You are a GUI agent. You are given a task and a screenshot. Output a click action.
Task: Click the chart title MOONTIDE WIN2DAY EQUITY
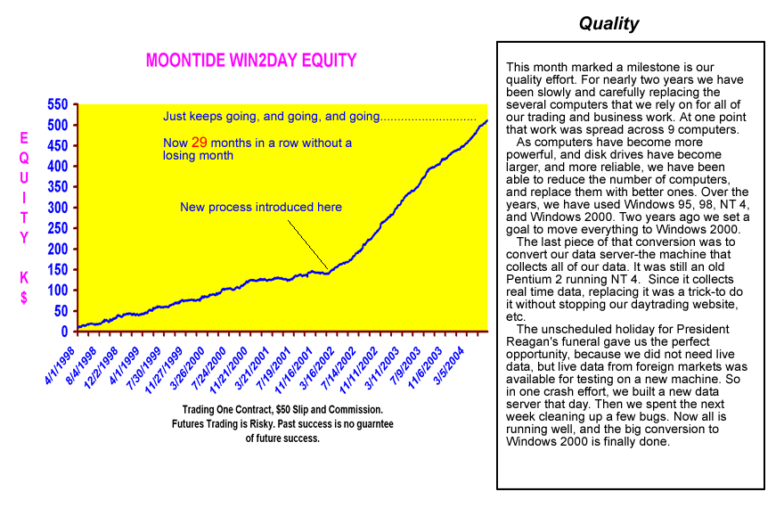pos(250,61)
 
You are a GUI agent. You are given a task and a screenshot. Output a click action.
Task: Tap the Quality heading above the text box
pos(608,24)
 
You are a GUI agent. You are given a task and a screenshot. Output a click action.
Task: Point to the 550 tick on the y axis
pos(57,104)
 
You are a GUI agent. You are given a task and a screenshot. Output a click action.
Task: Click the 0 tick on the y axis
pos(65,332)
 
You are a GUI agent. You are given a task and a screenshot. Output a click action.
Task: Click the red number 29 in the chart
pos(200,142)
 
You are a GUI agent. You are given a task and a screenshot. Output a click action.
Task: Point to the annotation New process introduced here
pos(261,207)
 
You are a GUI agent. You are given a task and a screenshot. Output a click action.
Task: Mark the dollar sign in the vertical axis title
pos(24,299)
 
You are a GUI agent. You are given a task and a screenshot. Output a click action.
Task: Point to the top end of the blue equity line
pos(486,120)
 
